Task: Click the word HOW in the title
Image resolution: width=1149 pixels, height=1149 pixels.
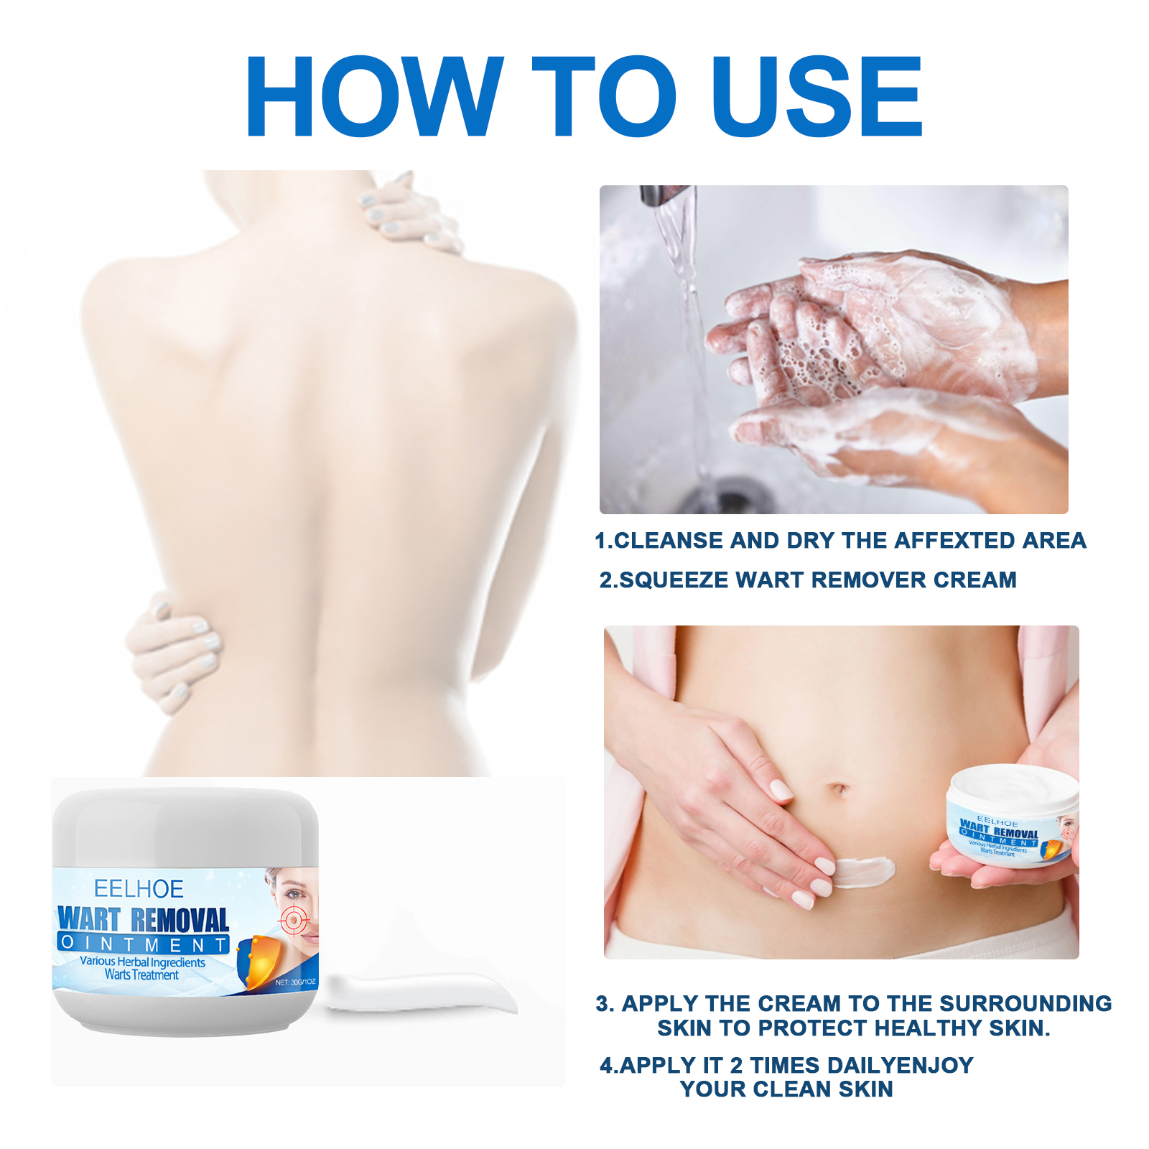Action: [374, 96]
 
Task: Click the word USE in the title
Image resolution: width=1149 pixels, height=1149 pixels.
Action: [817, 96]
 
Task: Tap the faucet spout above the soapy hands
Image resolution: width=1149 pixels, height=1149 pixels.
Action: [666, 195]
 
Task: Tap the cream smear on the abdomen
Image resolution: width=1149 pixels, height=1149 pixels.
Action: [864, 871]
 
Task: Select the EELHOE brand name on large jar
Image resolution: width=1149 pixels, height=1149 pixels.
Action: [139, 889]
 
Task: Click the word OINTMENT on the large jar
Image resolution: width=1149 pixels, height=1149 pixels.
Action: [144, 944]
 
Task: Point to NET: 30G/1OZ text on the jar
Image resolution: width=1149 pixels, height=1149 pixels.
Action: [296, 982]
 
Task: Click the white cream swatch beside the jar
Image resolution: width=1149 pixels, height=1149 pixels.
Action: [420, 992]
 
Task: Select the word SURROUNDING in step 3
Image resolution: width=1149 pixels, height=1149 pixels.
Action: [1025, 1003]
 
